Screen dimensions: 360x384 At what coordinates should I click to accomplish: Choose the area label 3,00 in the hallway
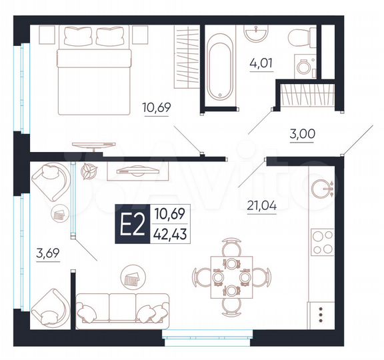click(302, 133)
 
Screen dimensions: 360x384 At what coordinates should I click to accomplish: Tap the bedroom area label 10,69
click(155, 106)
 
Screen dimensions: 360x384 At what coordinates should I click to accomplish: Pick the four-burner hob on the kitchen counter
click(321, 243)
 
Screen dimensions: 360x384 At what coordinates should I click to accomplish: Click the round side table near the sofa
click(132, 275)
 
